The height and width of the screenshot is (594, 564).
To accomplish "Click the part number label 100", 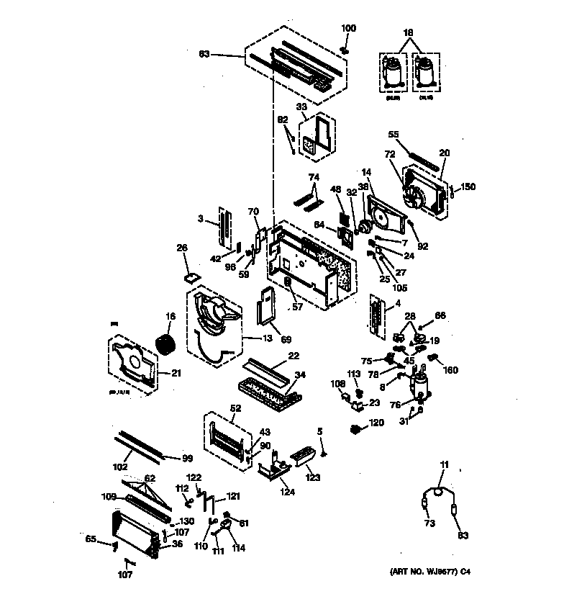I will click(x=348, y=28).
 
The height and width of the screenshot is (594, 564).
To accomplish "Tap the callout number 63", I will click(x=204, y=54).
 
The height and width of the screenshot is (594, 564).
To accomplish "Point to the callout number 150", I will click(x=468, y=187).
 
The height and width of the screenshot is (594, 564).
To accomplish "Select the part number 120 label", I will click(x=377, y=423).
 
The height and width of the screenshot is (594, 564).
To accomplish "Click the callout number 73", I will click(x=429, y=523).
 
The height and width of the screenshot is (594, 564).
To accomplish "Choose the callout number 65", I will click(x=91, y=538).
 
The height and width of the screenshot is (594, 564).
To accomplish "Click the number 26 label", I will click(x=182, y=248).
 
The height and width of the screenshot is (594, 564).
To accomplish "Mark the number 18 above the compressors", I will click(x=408, y=33).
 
